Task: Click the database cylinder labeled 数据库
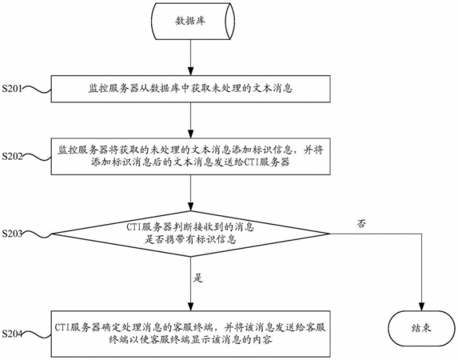coord(193,21)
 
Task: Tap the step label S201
coord(12,88)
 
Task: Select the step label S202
coord(12,156)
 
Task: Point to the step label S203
coord(12,234)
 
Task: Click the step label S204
coord(12,334)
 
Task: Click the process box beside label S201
coord(191,89)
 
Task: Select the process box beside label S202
coord(191,157)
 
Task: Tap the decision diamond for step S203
coord(191,234)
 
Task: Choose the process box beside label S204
coord(191,334)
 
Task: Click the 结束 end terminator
coord(421,329)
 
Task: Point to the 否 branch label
coord(361,224)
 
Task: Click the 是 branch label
coord(197,278)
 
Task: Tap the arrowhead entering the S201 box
coord(191,71)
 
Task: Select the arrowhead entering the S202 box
coord(191,134)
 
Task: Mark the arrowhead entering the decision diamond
coord(191,206)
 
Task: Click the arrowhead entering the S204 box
coord(191,306)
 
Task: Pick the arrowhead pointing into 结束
coord(421,306)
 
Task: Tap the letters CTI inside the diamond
coord(133,227)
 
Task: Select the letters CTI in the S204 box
coord(62,327)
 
